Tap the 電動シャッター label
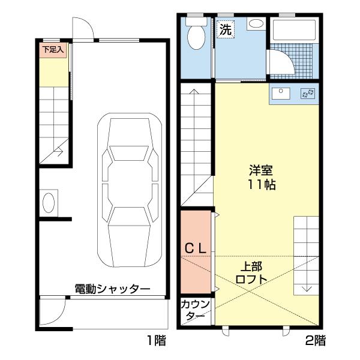coord(112,289)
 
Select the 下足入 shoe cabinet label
coord(53,50)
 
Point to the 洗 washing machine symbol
coord(225,29)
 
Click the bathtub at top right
coord(294,29)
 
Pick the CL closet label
coord(195,247)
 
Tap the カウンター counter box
coord(196,311)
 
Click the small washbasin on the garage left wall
coord(49,200)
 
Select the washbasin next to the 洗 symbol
coord(255,25)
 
